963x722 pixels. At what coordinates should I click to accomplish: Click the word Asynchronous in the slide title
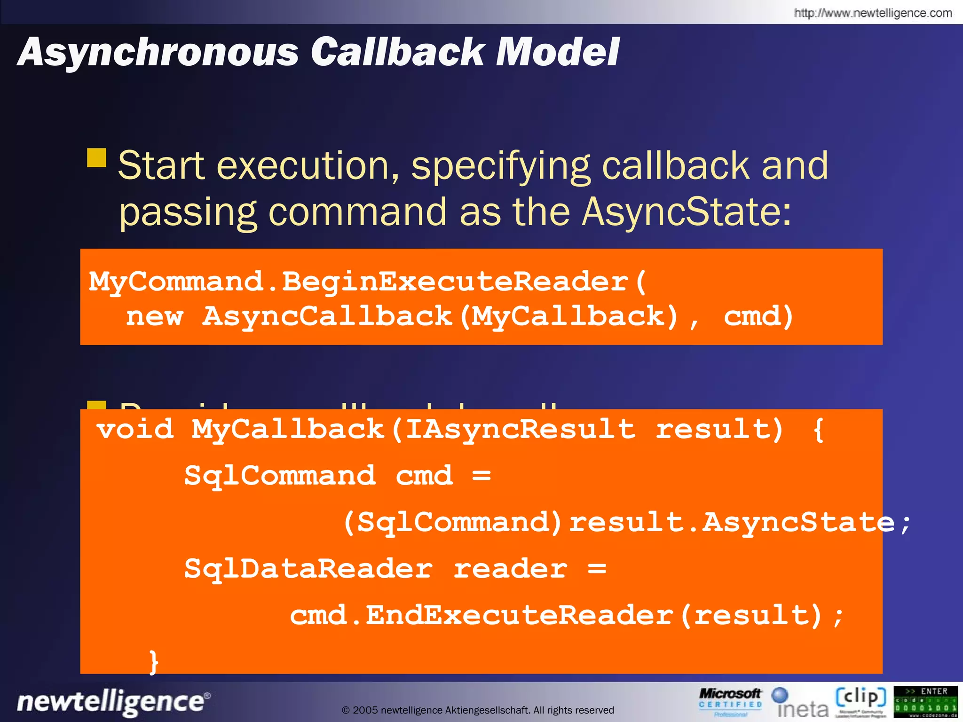point(158,53)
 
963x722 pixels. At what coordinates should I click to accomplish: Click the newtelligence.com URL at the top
point(873,13)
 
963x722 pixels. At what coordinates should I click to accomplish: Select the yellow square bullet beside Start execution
point(97,158)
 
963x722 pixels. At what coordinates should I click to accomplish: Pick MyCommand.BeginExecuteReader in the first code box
point(358,282)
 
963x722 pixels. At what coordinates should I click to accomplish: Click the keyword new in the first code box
point(154,316)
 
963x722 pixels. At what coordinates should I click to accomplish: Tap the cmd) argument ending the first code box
point(758,316)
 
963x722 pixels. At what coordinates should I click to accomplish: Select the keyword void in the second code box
point(135,429)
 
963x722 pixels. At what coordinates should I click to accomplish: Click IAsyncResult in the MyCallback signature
point(520,429)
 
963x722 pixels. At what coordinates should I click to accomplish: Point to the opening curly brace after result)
point(818,429)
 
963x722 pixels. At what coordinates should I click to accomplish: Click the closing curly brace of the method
point(153,662)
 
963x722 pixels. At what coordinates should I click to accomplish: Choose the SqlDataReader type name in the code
point(308,569)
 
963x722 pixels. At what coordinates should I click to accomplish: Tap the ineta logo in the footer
point(801,703)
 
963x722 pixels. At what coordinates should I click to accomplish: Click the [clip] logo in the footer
point(860,700)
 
